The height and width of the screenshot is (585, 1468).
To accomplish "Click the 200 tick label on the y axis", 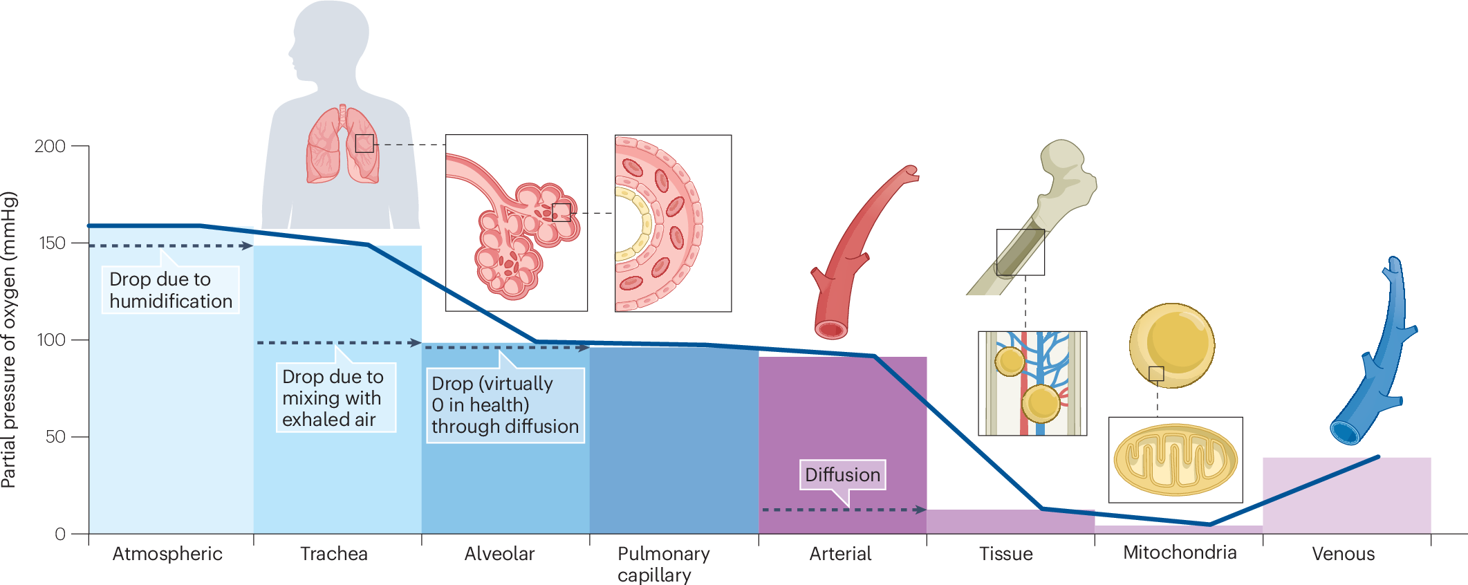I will (x=50, y=147).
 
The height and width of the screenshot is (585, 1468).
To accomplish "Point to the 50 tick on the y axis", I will (x=55, y=437).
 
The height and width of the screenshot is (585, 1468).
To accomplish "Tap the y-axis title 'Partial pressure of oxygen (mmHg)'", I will (x=9, y=340).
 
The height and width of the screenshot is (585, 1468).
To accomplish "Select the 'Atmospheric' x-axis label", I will (x=167, y=554).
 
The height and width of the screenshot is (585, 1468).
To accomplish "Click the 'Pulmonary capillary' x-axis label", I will (x=663, y=564).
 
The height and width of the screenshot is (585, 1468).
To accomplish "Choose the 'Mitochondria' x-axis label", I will (x=1180, y=552).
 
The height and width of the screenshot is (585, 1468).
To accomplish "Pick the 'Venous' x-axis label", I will (x=1343, y=554).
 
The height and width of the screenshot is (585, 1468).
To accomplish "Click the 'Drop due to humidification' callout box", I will (x=170, y=290).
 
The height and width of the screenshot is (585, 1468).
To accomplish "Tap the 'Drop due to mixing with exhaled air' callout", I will (x=335, y=398).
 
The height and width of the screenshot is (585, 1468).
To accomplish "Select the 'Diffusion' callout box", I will (x=842, y=475).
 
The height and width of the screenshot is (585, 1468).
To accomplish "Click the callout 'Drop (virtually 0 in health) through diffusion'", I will (x=505, y=405).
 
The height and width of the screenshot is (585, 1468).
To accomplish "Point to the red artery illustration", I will (x=857, y=256).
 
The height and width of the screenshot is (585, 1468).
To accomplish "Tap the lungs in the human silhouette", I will (x=342, y=147).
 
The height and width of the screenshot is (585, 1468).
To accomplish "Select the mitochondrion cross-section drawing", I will (x=1175, y=460).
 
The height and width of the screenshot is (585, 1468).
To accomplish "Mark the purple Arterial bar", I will (x=842, y=429).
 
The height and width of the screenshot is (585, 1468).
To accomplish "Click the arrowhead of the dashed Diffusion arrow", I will (x=920, y=510).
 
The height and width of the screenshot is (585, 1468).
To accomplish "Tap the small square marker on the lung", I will (x=364, y=144).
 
